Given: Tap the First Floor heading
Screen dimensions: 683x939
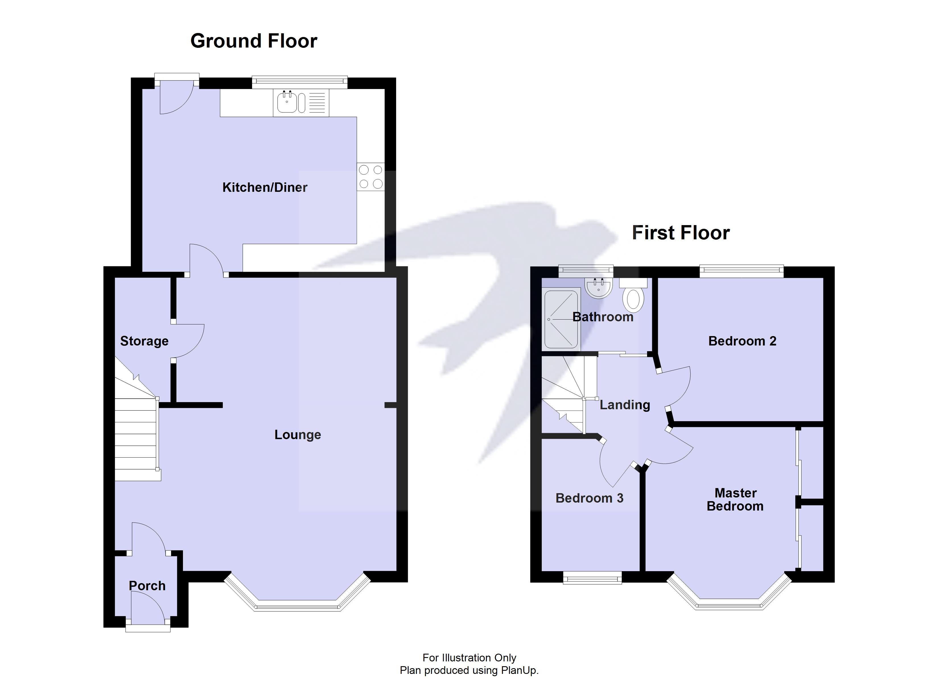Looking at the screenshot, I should pos(680,233).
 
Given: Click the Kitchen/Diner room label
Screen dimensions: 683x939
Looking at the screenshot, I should pos(265,187).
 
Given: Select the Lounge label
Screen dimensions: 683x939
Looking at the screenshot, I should pos(297,435).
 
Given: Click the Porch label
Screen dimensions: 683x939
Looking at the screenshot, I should pos(147,586).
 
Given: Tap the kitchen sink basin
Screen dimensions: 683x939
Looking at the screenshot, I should pos(287,102).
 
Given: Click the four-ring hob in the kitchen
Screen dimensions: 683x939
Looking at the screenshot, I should pos(370,177).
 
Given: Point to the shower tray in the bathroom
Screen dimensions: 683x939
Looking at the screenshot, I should pos(561,319).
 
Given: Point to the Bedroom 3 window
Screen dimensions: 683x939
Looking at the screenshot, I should pos(592,578).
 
